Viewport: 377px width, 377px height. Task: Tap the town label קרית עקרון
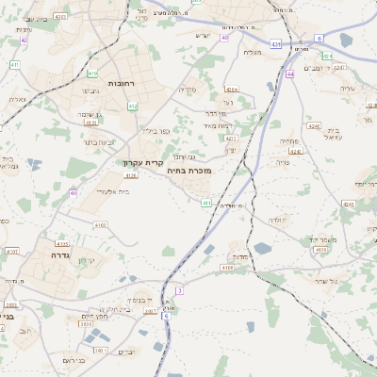(143, 162)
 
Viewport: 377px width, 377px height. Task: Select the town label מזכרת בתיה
(188, 171)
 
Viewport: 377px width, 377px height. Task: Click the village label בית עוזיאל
(336, 133)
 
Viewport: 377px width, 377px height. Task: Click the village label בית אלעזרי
(113, 191)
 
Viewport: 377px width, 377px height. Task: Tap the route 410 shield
(91, 73)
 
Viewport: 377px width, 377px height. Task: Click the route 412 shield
(133, 107)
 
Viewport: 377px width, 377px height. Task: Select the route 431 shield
(275, 43)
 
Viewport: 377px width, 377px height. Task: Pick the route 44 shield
(290, 74)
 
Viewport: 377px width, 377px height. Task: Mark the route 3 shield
(179, 290)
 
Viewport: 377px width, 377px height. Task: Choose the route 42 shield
(24, 41)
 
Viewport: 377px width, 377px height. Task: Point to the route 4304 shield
(232, 90)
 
